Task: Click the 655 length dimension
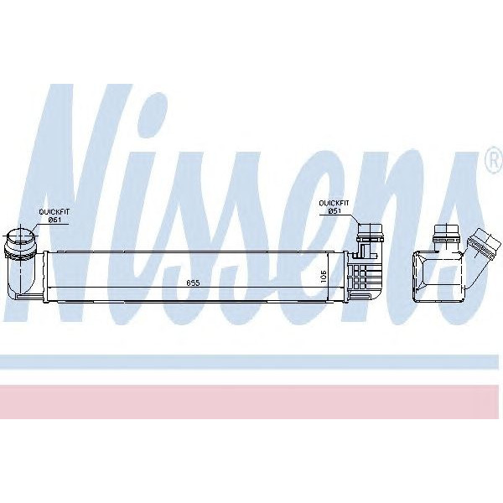(192, 283)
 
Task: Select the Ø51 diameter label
(333, 210)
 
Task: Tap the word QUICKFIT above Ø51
(333, 202)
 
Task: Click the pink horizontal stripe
(251, 402)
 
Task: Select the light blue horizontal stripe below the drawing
(251, 362)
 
